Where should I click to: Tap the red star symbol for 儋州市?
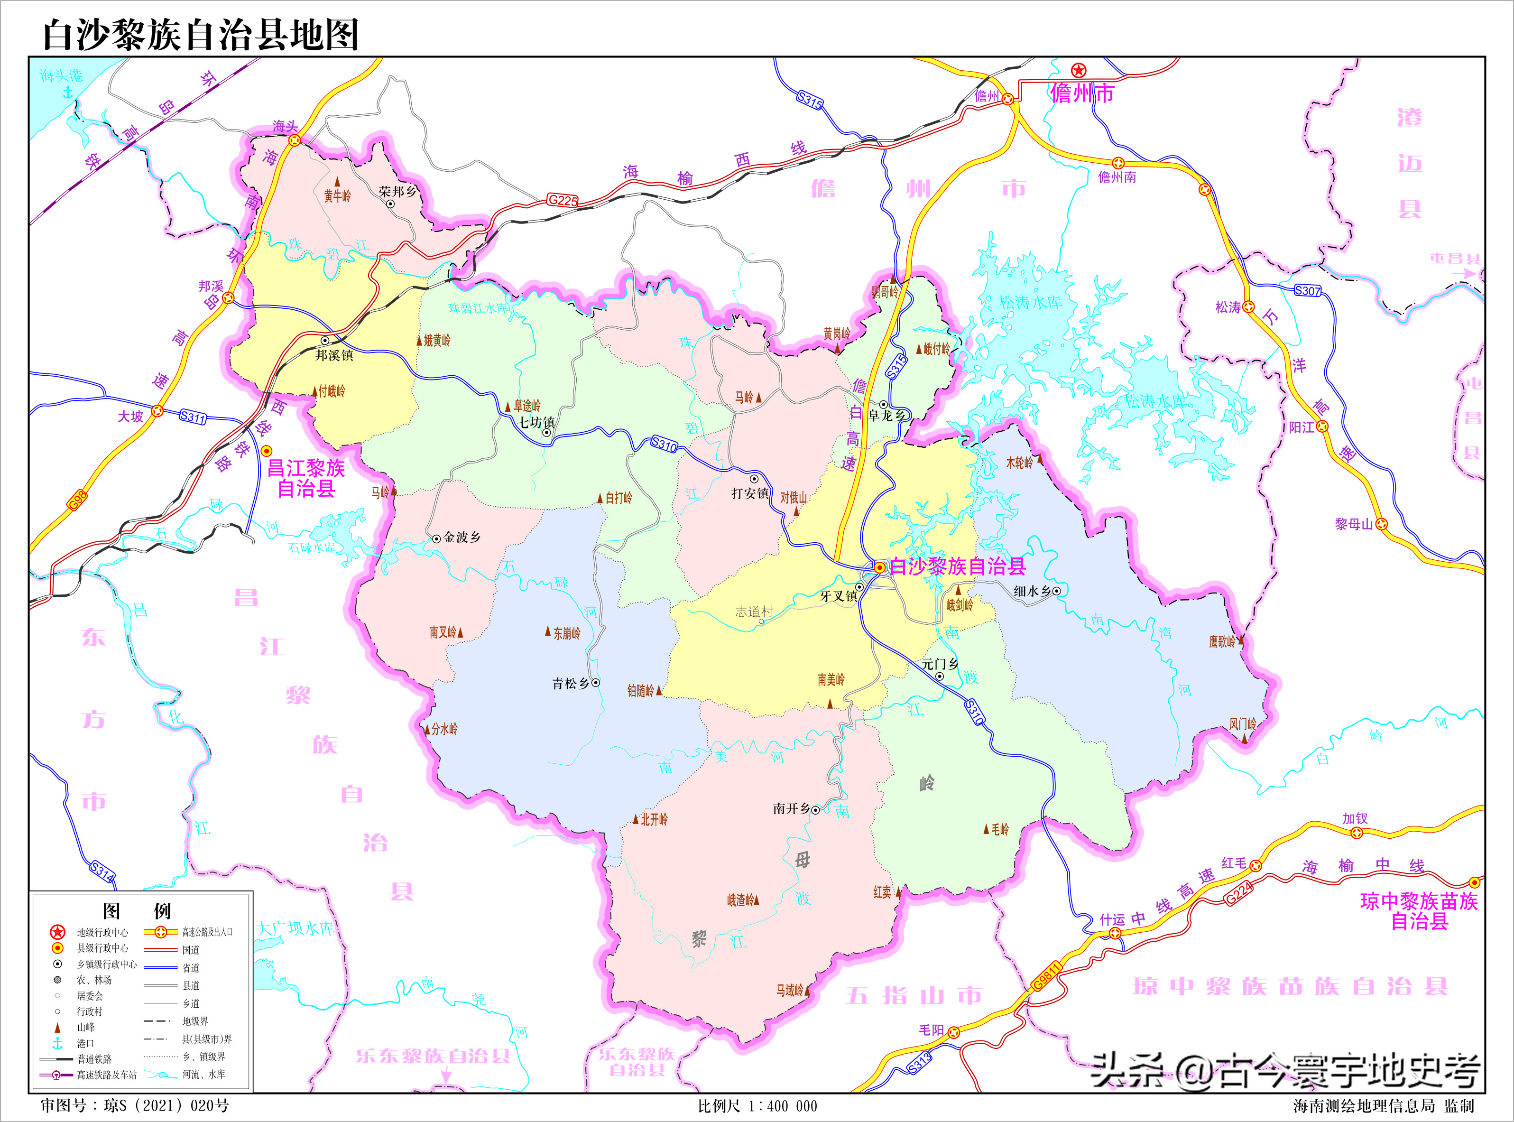tap(1079, 70)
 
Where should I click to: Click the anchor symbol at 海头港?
tap(67, 91)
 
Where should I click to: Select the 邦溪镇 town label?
tap(334, 355)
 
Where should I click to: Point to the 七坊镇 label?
tap(536, 422)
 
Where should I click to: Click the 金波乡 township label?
tap(462, 537)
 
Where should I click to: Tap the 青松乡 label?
tap(570, 683)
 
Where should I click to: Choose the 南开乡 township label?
tap(791, 808)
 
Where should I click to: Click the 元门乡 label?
tap(940, 664)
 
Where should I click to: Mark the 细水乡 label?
tap(1032, 591)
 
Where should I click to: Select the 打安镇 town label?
tap(749, 493)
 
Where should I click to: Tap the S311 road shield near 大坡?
tap(193, 417)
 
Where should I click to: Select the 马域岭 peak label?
tap(790, 990)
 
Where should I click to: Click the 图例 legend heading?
tap(137, 910)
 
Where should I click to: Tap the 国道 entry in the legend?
tap(191, 949)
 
